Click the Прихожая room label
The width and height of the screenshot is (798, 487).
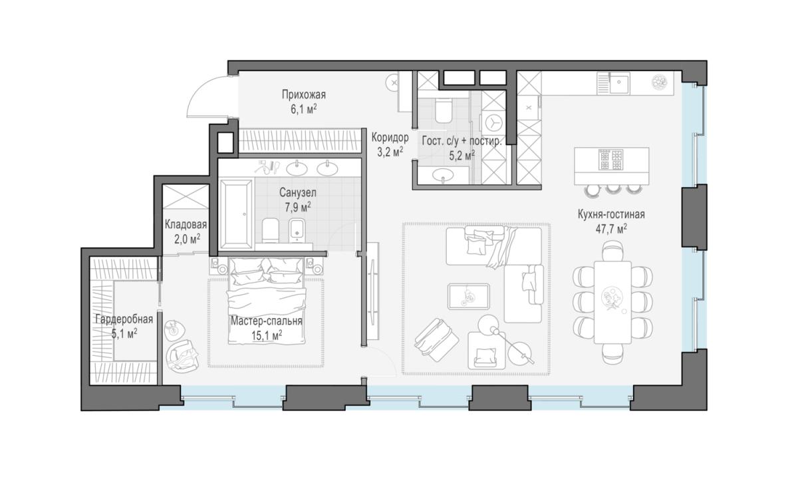click(x=303, y=95)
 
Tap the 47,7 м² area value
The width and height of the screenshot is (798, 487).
click(x=611, y=229)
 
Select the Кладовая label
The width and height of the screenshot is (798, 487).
click(x=186, y=225)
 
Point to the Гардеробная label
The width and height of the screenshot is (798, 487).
click(x=124, y=319)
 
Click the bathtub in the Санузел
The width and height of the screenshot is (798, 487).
click(x=236, y=214)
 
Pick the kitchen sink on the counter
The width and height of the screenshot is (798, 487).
click(x=619, y=82)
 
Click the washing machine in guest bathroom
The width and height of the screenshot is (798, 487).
click(x=493, y=122)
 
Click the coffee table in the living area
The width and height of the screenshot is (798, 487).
click(x=468, y=296)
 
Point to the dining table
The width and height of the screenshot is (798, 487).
click(x=612, y=302)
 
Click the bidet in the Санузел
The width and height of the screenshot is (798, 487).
click(x=297, y=231)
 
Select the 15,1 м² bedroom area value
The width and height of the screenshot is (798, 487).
click(x=267, y=335)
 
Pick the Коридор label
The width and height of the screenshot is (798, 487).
click(x=390, y=137)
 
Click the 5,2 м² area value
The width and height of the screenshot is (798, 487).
click(x=462, y=156)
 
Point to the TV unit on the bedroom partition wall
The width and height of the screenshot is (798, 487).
click(x=373, y=291)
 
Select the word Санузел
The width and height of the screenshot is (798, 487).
click(x=298, y=192)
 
